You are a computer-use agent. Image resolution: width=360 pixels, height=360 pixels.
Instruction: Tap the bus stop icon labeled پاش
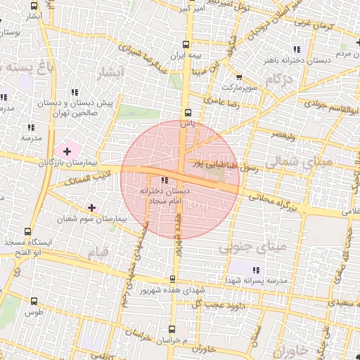coord(187,112)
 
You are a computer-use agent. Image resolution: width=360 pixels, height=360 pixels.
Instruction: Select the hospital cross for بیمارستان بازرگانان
coord(67,151)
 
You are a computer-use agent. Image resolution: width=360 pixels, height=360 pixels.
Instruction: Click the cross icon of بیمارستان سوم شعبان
coord(91,207)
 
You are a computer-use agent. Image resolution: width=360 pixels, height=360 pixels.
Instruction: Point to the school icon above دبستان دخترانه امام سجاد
coord(165,181)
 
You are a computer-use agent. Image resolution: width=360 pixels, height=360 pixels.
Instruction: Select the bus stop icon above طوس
coord(34,301)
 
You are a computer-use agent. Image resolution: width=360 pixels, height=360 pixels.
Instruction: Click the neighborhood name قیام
coord(96,250)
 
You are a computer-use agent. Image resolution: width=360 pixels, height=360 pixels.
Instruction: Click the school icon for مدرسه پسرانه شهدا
coord(256,269)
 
